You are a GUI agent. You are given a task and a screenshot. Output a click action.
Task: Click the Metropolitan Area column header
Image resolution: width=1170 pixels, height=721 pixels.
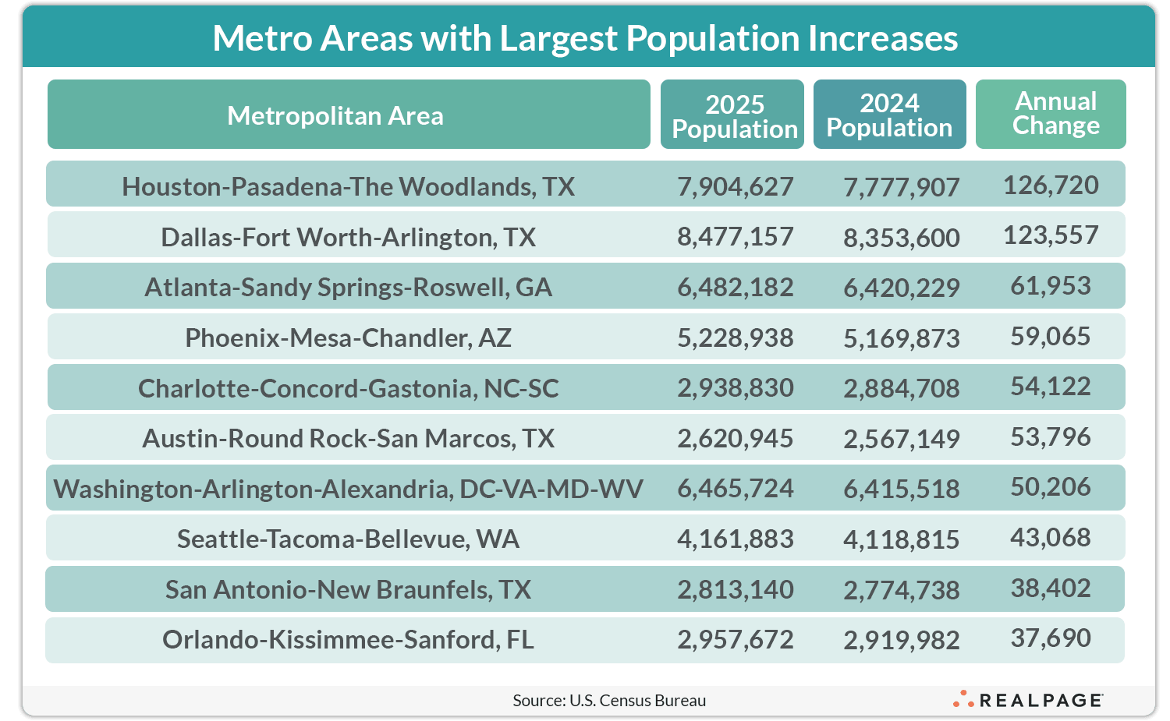[335, 115]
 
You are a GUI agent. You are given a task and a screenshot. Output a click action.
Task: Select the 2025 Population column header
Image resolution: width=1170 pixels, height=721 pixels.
[734, 116]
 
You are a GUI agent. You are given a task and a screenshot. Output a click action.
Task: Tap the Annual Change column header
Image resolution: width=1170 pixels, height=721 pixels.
[1055, 114]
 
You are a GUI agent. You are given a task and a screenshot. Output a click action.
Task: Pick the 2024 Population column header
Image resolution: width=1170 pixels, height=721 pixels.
[889, 115]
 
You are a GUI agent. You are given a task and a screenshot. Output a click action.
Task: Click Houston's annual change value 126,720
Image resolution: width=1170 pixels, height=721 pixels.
[1051, 186]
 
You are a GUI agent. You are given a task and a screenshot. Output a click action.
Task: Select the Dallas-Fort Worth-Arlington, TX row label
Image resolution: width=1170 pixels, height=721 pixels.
[348, 237]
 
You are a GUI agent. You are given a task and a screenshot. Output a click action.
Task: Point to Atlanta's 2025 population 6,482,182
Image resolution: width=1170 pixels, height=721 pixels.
[735, 287]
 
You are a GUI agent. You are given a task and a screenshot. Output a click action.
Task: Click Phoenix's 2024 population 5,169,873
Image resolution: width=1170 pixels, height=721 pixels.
[901, 338]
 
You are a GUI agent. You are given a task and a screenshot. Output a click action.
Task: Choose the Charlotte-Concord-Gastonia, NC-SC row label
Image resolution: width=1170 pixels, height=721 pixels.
[348, 388]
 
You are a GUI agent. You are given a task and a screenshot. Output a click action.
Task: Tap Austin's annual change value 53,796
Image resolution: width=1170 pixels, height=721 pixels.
[1051, 437]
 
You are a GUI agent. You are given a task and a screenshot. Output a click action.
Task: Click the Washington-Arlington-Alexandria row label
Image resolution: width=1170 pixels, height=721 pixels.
[348, 489]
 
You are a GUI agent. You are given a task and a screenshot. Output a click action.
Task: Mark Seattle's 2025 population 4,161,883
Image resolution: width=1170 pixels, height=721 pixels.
[735, 539]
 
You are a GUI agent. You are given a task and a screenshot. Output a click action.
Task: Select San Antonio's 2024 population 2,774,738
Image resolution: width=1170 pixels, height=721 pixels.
[901, 590]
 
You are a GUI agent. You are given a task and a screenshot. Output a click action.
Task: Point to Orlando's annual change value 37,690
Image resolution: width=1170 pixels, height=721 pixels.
[1051, 638]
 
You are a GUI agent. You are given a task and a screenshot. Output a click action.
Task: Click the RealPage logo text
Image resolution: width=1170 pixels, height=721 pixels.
[1041, 700]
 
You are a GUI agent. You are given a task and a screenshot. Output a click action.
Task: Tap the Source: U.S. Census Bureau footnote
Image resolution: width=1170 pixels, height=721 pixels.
[609, 700]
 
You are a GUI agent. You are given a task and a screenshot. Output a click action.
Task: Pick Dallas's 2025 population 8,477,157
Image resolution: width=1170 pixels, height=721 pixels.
[735, 236]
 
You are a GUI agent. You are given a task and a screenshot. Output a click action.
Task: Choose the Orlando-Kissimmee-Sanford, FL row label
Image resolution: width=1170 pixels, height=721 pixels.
[348, 639]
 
